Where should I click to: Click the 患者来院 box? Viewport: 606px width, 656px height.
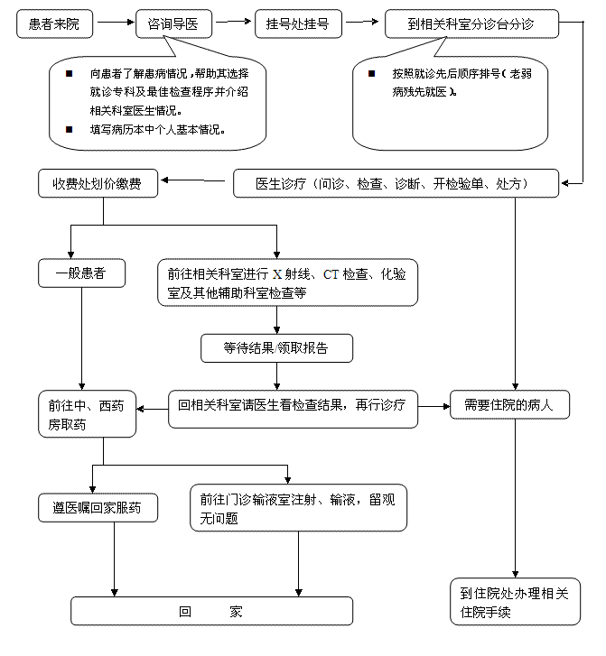click(54, 23)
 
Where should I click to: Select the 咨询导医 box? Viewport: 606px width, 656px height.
click(173, 23)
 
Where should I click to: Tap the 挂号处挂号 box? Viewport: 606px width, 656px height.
click(298, 23)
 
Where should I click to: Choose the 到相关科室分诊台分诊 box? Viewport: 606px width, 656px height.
click(471, 23)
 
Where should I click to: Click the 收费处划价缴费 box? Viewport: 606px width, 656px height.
click(98, 183)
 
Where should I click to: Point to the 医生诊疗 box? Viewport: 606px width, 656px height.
click(396, 183)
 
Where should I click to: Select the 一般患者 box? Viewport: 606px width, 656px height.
click(81, 273)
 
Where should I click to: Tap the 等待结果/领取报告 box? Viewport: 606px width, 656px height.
click(277, 348)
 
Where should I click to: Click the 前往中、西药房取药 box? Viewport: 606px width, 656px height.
click(87, 414)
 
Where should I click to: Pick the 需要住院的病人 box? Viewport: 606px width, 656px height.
click(509, 404)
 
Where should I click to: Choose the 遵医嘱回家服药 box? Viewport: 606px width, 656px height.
click(98, 508)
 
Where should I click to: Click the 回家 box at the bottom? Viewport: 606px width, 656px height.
click(212, 611)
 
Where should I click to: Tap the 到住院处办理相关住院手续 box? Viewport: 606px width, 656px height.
click(515, 602)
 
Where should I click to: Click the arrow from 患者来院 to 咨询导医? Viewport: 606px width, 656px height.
click(116, 23)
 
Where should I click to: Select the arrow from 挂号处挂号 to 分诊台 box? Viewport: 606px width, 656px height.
click(362, 22)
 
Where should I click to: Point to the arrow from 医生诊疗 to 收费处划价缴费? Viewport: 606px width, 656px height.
click(193, 180)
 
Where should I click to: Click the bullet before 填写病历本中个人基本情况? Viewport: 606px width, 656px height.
click(70, 129)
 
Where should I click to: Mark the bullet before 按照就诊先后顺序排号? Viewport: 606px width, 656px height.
click(371, 74)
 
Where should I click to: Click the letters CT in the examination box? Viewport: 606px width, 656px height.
click(331, 274)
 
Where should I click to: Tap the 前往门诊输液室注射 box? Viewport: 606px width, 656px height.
click(299, 508)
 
